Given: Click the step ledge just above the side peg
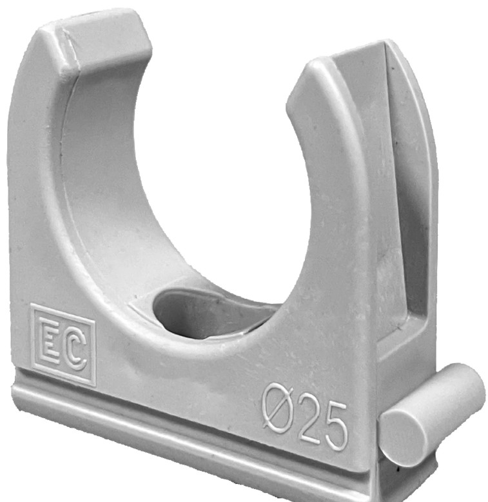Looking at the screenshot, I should pos(400,352).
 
